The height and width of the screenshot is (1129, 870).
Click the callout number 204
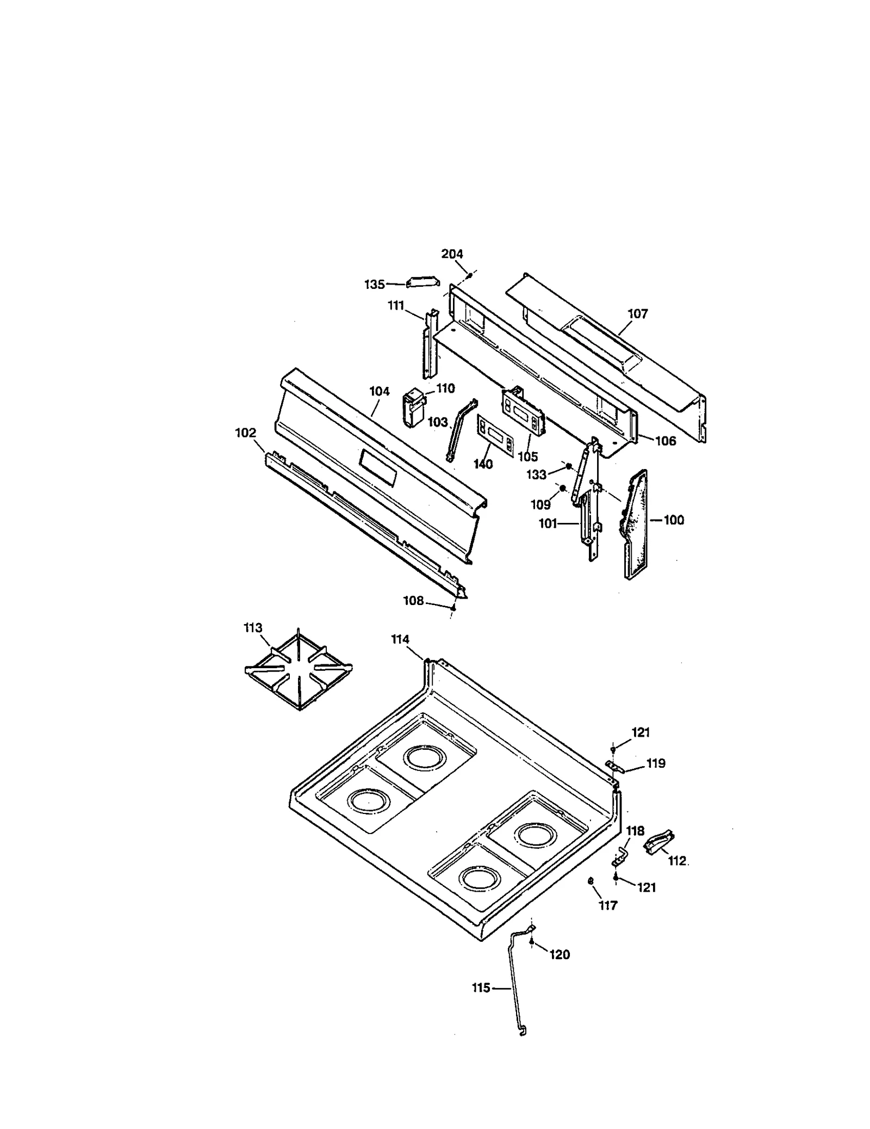[x=452, y=254]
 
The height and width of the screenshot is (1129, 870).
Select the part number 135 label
[x=374, y=285]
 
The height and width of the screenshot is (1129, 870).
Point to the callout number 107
[x=638, y=314]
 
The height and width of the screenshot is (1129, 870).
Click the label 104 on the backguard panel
[x=379, y=391]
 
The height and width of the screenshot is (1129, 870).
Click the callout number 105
[x=527, y=457]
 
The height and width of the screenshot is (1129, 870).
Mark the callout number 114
[x=400, y=640]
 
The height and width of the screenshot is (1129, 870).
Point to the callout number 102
[x=245, y=433]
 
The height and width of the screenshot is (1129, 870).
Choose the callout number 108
[x=413, y=601]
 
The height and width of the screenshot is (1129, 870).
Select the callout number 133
[x=536, y=475]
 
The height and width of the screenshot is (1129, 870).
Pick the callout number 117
[x=608, y=906]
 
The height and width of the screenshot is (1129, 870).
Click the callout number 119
[x=656, y=763]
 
